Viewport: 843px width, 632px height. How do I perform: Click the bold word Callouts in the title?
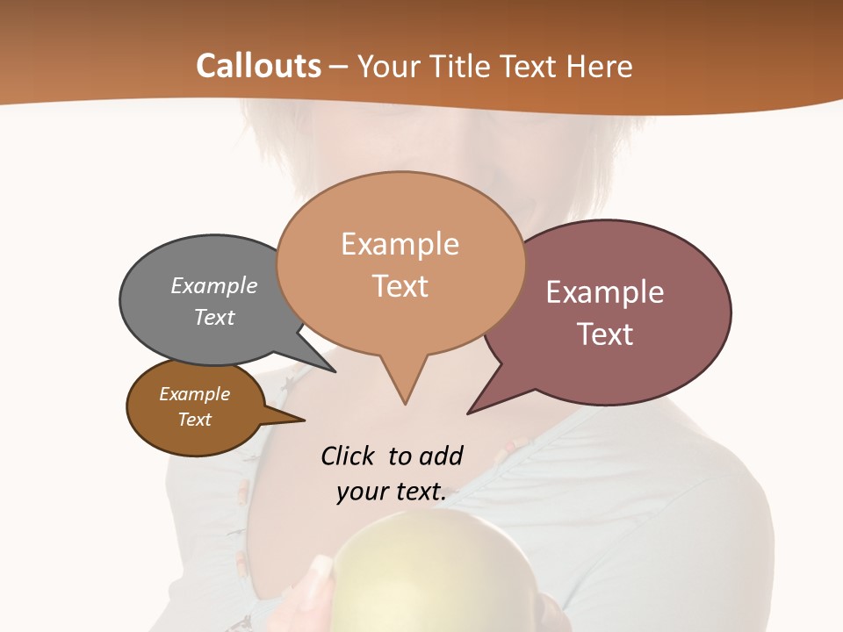(259, 66)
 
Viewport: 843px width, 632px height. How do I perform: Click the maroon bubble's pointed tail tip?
(469, 413)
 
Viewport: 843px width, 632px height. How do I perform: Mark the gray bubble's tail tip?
(335, 371)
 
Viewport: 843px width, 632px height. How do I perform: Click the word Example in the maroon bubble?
(605, 292)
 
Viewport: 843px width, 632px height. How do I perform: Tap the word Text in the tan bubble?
(400, 286)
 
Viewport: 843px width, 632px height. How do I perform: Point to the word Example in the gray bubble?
(214, 285)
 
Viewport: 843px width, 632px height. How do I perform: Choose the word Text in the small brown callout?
(195, 420)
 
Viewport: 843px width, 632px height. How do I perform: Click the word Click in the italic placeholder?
(349, 456)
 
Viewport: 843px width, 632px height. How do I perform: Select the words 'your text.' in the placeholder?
(392, 492)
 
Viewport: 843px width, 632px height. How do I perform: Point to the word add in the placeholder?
(441, 456)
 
